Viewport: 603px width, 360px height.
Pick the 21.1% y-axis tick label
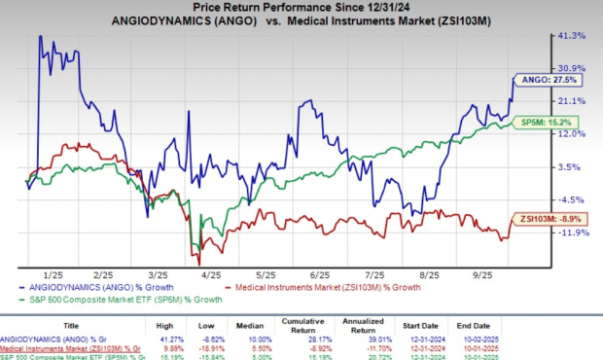(x=571, y=100)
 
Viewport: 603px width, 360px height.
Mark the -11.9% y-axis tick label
(x=571, y=233)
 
